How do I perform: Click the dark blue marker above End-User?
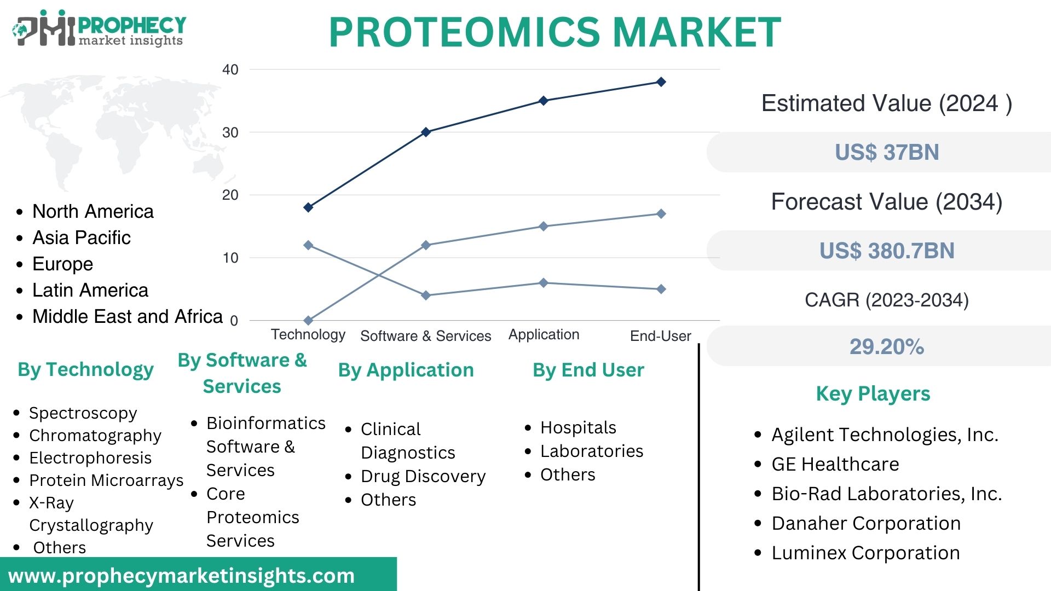(x=661, y=82)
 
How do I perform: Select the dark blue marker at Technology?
(x=308, y=207)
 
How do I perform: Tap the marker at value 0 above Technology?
(x=308, y=320)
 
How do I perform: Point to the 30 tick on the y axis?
(x=230, y=132)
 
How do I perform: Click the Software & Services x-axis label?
(x=425, y=335)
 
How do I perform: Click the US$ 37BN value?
(x=886, y=152)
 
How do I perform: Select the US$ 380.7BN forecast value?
(x=886, y=251)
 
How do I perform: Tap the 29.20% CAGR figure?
(x=886, y=346)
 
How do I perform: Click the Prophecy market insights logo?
(x=99, y=30)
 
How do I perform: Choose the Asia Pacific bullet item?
(x=82, y=237)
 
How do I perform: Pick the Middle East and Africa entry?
(x=127, y=316)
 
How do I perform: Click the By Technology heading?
(x=85, y=369)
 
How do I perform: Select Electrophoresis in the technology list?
(x=90, y=457)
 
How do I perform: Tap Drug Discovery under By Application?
(x=423, y=476)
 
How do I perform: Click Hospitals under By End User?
(x=578, y=427)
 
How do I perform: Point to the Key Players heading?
(x=873, y=393)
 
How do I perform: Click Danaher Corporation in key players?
(x=865, y=523)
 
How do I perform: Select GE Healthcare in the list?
(x=835, y=464)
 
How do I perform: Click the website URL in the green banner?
(x=181, y=576)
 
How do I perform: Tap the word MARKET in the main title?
(x=696, y=32)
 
